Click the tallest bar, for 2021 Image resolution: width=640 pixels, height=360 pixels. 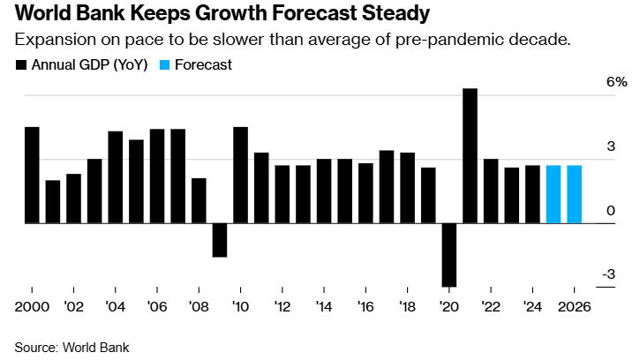470,156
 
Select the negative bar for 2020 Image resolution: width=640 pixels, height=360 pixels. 449,255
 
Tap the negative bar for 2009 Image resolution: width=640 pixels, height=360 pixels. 220,240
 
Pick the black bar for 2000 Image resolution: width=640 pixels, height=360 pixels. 32,176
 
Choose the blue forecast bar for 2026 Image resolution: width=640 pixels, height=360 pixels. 574,194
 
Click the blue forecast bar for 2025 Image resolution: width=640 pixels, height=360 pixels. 553,194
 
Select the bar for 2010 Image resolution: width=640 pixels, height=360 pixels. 240,176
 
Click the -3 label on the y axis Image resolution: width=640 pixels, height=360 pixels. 608,274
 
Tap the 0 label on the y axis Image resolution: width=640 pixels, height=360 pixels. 611,211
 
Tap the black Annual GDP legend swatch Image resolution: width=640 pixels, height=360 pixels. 21,65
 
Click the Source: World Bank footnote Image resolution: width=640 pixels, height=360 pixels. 72,347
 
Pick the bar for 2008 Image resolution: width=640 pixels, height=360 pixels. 199,201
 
